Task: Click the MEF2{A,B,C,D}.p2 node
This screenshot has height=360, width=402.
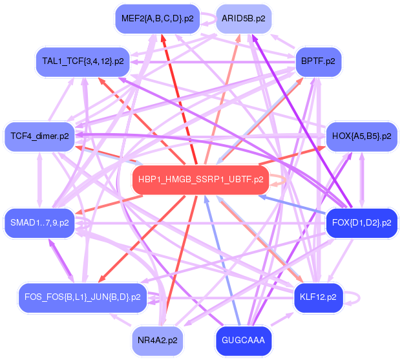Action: point(158,19)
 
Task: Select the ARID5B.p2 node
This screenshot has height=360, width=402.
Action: point(244,19)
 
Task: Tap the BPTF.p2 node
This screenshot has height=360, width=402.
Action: point(318,61)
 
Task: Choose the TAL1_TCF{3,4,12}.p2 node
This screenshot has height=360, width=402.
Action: point(83,61)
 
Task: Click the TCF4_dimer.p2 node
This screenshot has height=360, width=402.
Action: point(39,136)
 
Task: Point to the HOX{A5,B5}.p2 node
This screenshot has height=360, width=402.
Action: point(361,136)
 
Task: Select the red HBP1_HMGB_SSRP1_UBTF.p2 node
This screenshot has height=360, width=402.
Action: point(201,180)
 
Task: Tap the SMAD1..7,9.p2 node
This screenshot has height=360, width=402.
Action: point(39,223)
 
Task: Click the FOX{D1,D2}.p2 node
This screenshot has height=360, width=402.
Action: point(361,223)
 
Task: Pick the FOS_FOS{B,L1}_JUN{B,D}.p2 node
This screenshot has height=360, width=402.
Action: point(83,297)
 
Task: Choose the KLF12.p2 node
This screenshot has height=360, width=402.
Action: point(318,297)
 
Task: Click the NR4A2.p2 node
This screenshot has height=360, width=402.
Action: point(158,341)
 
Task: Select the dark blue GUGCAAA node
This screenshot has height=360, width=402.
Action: point(243,341)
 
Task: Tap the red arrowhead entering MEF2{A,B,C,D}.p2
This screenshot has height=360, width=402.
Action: point(163,38)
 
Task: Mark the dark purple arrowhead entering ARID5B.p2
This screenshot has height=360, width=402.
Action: point(254,38)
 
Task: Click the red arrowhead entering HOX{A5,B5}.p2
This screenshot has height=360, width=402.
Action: point(321,148)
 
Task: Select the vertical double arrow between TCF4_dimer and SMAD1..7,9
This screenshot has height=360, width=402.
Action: point(39,180)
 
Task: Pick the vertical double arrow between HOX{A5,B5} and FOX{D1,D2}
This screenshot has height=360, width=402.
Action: point(361,180)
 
